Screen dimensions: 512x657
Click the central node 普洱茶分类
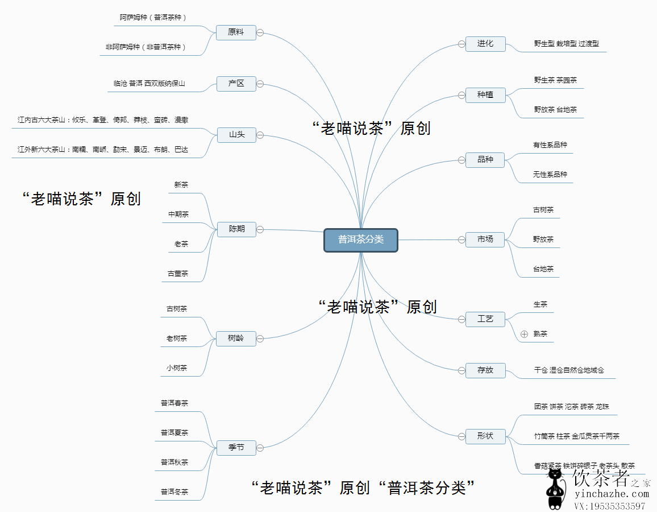(361, 240)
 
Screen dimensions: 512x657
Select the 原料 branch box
(236, 32)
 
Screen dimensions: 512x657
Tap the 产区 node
(236, 84)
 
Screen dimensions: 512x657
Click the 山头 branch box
(236, 135)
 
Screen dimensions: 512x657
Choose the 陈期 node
(236, 229)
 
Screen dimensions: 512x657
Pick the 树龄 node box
(236, 338)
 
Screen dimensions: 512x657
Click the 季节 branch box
(236, 448)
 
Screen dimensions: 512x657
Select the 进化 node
(485, 44)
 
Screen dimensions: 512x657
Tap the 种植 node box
(485, 95)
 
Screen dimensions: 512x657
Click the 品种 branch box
(485, 160)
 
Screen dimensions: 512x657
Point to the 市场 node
(485, 240)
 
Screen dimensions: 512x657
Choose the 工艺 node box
(485, 319)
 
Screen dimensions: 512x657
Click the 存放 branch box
(485, 370)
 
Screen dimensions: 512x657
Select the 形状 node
(485, 436)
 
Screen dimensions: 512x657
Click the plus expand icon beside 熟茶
(524, 334)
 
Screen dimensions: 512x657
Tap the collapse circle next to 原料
(260, 32)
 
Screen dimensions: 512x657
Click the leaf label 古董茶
(178, 274)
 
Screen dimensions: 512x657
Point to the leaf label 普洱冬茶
(174, 492)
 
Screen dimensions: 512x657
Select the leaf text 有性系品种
(550, 145)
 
